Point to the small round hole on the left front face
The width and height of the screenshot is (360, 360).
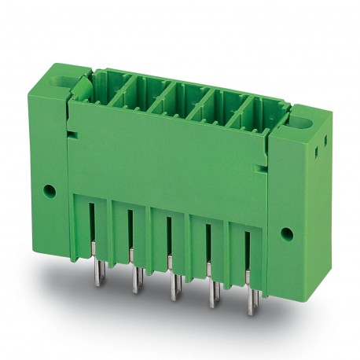click(x=52, y=189)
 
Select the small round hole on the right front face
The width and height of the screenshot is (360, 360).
click(x=287, y=233)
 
